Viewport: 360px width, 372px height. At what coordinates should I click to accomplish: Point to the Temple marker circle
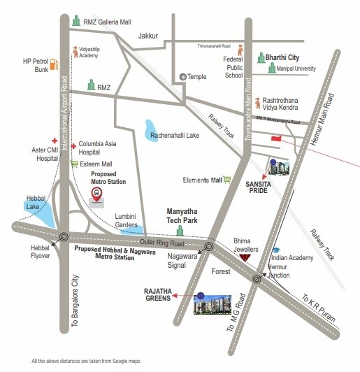pyautogui.click(x=183, y=77)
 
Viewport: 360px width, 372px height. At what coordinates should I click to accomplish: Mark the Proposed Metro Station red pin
pyautogui.click(x=98, y=194)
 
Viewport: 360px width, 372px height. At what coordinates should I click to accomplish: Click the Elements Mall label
pyautogui.click(x=202, y=180)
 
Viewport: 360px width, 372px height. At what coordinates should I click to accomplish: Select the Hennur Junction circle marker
pyautogui.click(x=258, y=277)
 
